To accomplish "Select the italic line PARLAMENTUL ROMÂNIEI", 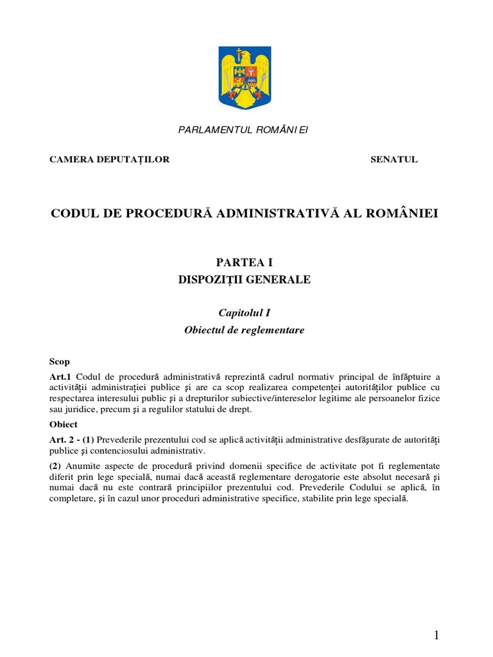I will coord(243,130).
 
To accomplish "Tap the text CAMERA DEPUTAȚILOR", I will coord(110,160).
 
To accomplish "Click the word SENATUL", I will coord(394,160).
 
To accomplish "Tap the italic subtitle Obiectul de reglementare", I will coord(244,330).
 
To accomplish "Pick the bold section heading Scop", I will coord(60,362).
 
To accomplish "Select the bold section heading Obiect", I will coord(64,424).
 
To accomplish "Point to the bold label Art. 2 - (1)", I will coord(72,439).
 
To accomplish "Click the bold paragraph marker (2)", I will coord(56,466).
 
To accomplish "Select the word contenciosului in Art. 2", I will coord(114,450).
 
